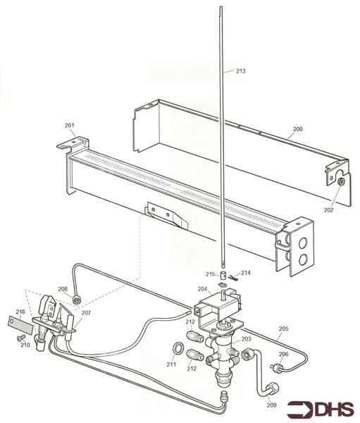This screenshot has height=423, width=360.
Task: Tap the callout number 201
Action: click(x=70, y=125)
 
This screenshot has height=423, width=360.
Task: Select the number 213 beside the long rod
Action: click(x=240, y=71)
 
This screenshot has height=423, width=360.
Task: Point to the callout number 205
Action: click(x=284, y=329)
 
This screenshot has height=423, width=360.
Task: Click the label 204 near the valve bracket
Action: click(x=202, y=289)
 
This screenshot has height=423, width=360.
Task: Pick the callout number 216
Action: click(x=20, y=311)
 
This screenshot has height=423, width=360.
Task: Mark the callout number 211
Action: click(x=171, y=364)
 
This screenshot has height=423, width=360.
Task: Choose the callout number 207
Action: click(x=87, y=312)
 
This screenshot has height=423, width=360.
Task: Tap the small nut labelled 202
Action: click(x=340, y=183)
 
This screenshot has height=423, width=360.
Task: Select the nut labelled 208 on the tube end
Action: click(x=77, y=300)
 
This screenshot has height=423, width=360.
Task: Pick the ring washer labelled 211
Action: click(x=178, y=348)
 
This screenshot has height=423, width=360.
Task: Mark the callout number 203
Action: click(x=246, y=339)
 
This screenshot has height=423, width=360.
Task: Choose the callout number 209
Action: click(x=272, y=405)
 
